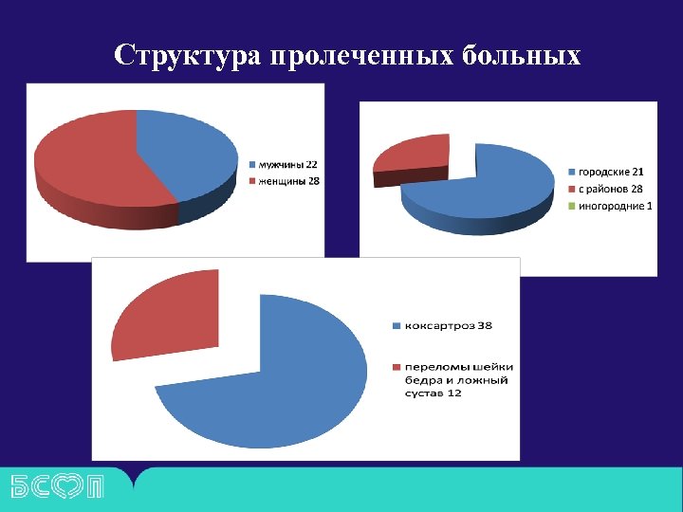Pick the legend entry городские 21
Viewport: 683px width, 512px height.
tap(611, 172)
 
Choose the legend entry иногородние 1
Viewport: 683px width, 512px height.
tap(615, 206)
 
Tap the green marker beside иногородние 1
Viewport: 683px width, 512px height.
tap(571, 206)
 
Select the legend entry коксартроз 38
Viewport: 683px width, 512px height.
tap(447, 325)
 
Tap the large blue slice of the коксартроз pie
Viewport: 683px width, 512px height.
tap(285, 379)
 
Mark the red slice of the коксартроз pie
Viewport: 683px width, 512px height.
tap(166, 313)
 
